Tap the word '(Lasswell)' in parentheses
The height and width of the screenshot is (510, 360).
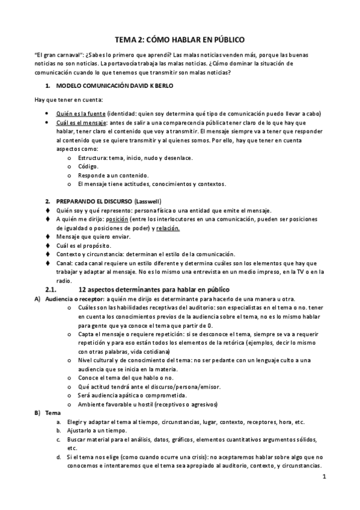tap(148, 200)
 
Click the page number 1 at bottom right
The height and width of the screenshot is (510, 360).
tap(323, 478)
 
